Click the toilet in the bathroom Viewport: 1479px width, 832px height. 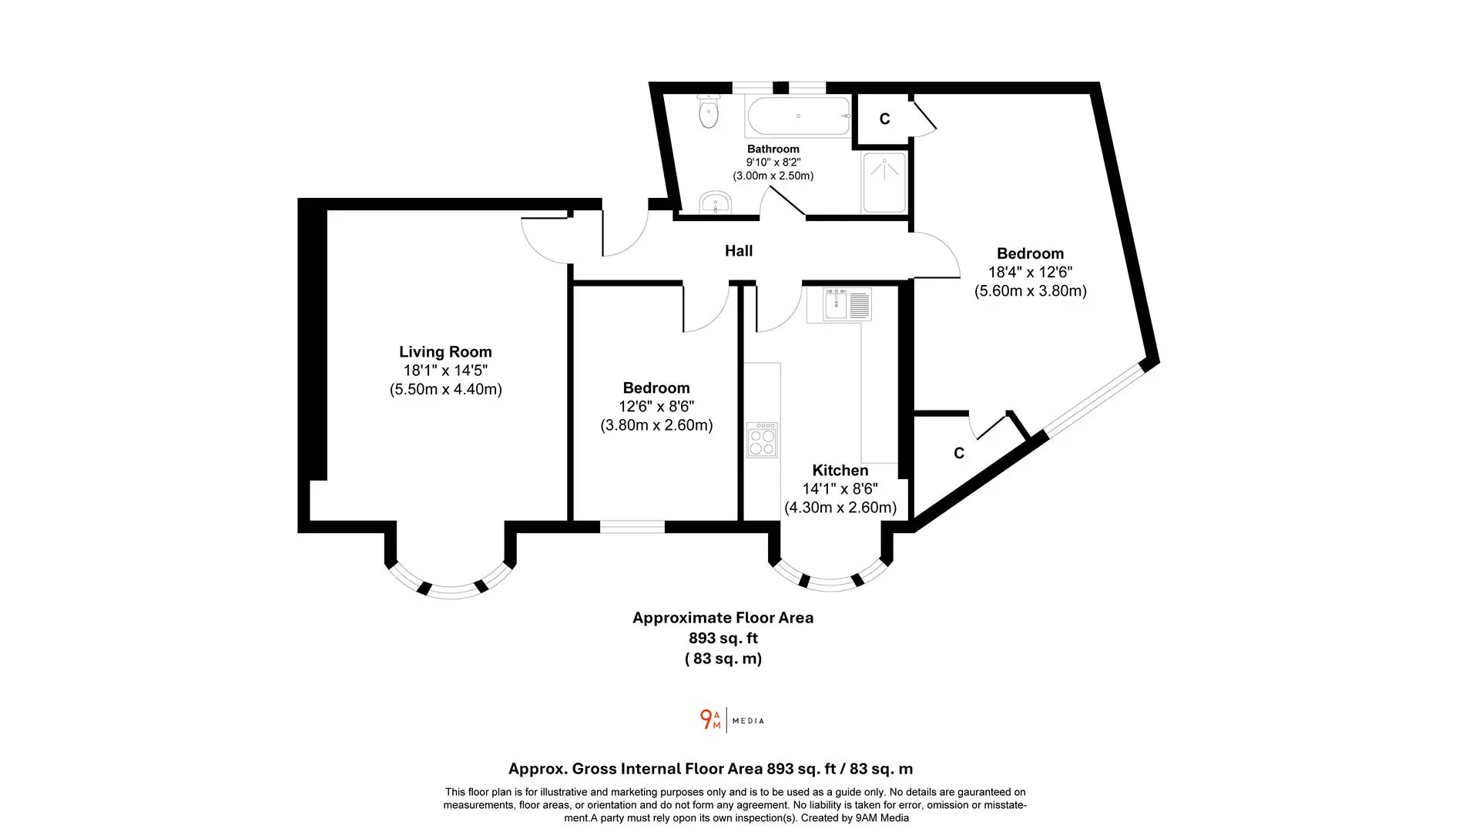click(708, 112)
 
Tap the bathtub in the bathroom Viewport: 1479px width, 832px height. click(798, 116)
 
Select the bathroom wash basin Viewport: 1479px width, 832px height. click(716, 203)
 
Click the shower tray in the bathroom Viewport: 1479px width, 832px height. click(884, 183)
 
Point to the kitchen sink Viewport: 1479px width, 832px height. click(838, 304)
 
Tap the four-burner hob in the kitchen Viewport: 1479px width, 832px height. click(762, 440)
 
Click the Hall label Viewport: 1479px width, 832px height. click(739, 250)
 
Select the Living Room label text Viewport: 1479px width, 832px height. click(445, 352)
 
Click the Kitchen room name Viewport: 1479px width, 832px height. click(840, 470)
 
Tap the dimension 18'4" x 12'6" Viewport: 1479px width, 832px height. click(1031, 272)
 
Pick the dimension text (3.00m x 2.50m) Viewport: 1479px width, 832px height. click(773, 176)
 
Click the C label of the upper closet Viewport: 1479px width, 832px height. click(885, 119)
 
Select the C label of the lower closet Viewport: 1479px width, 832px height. click(959, 454)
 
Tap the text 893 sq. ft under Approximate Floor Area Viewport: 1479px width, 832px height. click(723, 638)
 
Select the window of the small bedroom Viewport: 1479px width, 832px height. click(632, 527)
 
